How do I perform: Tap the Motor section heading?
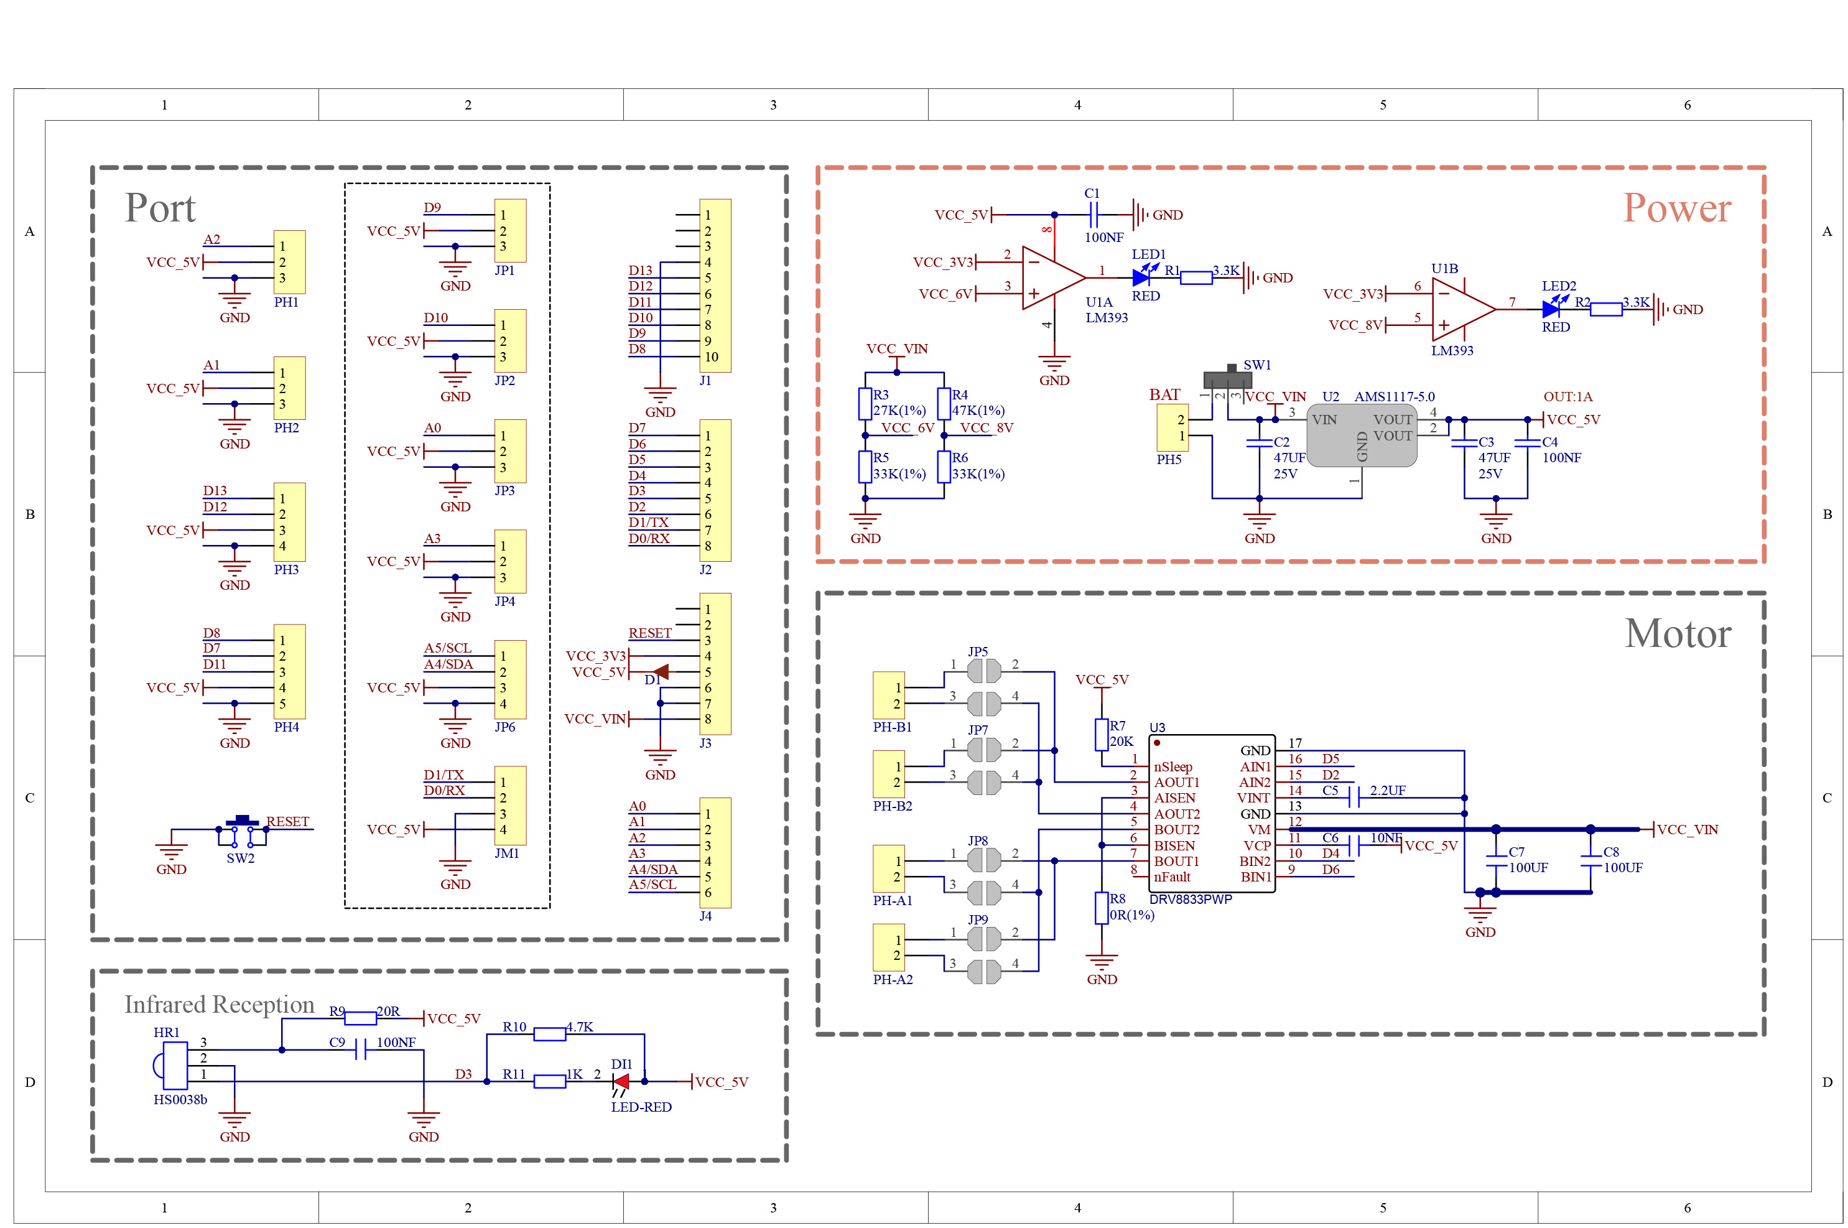[x=1678, y=633]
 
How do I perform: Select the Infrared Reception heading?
[x=219, y=1005]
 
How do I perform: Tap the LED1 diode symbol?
[x=1141, y=277]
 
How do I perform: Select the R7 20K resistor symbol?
[x=1102, y=735]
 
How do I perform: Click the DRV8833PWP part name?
[x=1191, y=899]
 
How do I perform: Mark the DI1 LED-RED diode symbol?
[x=621, y=1082]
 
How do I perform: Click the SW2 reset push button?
[x=242, y=832]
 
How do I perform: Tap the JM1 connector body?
[x=510, y=805]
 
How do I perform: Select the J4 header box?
[x=715, y=853]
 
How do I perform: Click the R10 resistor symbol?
[x=550, y=1034]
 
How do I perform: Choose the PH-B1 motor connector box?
[x=889, y=695]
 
